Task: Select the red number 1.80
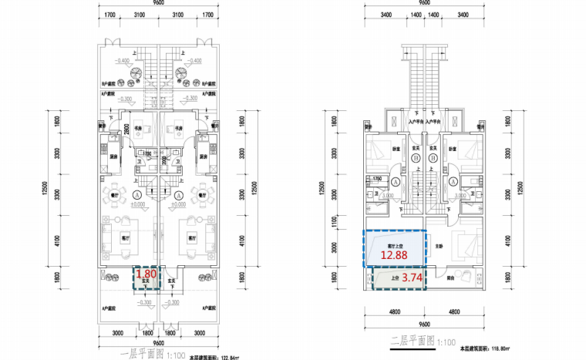pos(145,273)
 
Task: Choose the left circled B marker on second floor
pos(415,156)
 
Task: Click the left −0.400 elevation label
pos(122,60)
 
